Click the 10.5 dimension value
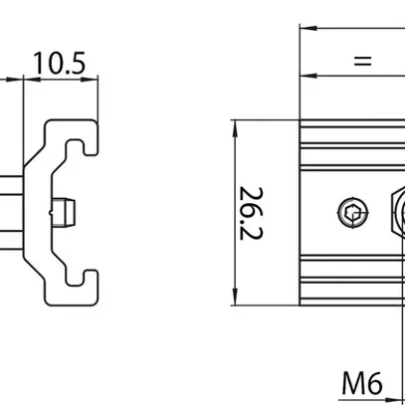(60, 63)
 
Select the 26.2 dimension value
(251, 213)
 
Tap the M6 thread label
(362, 383)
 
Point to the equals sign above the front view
(362, 61)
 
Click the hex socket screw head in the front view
(353, 213)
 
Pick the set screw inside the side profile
(63, 213)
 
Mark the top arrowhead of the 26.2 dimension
(235, 128)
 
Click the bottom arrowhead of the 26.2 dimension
(235, 298)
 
